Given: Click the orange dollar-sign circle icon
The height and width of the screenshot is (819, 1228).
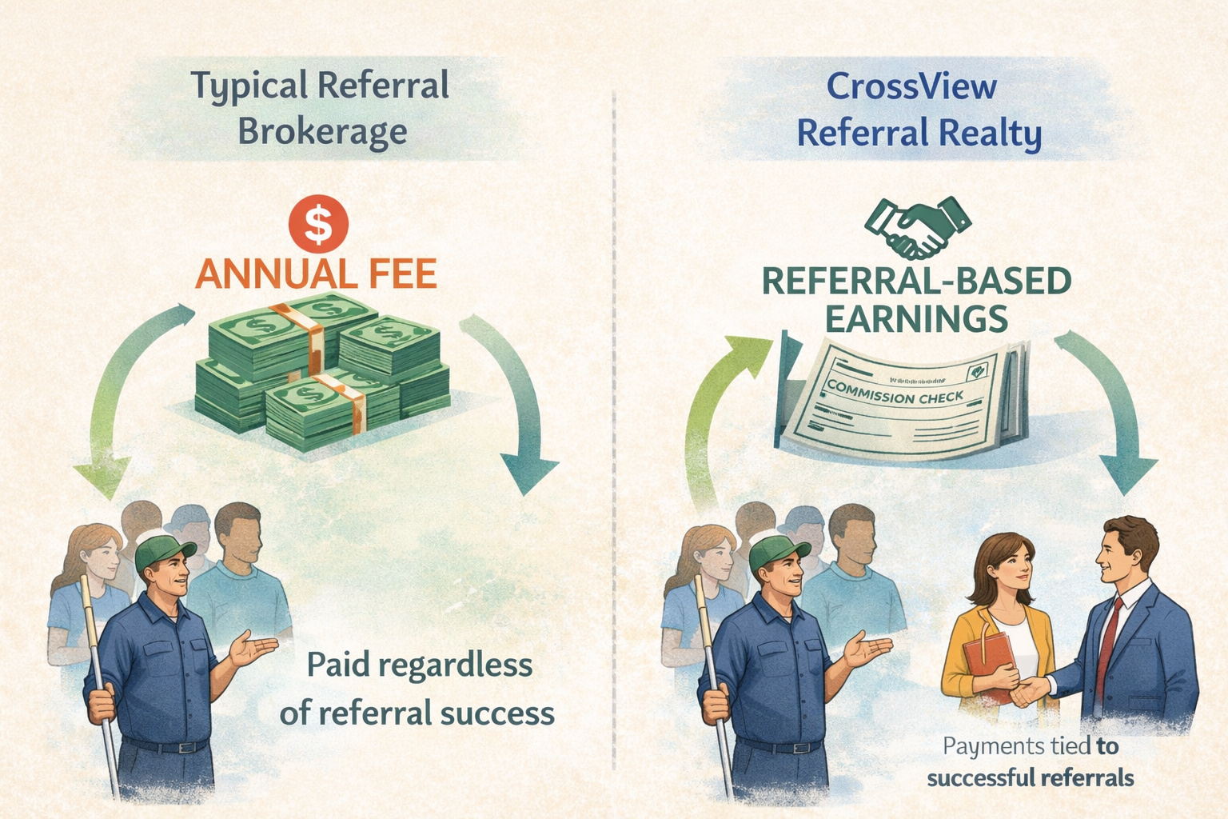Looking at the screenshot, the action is pos(318,223).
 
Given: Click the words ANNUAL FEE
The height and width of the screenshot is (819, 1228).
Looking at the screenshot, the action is pos(316,274).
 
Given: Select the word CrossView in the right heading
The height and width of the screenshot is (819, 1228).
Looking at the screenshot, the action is pos(911,86).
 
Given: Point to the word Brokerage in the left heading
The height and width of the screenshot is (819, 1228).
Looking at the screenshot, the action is pos(322,132).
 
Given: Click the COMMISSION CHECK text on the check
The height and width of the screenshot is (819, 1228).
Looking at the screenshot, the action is pos(895,393).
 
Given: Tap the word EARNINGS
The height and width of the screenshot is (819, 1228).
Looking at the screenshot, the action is pos(915,319).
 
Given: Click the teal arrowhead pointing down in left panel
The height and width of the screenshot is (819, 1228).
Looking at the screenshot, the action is pos(528,472).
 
